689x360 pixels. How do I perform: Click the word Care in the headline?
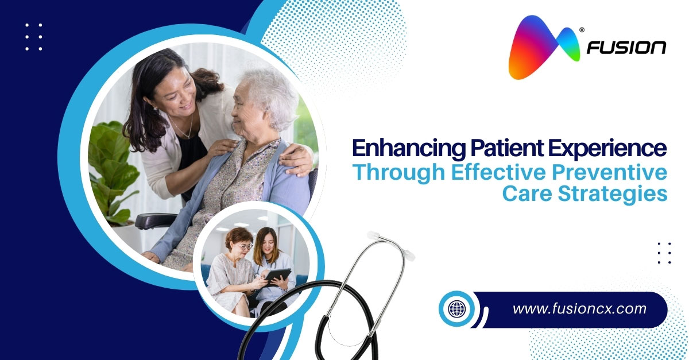pos(524,193)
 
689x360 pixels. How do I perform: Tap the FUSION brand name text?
pos(626,48)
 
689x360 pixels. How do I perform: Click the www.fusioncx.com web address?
pos(579,309)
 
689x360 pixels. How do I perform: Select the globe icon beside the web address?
pos(458,309)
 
